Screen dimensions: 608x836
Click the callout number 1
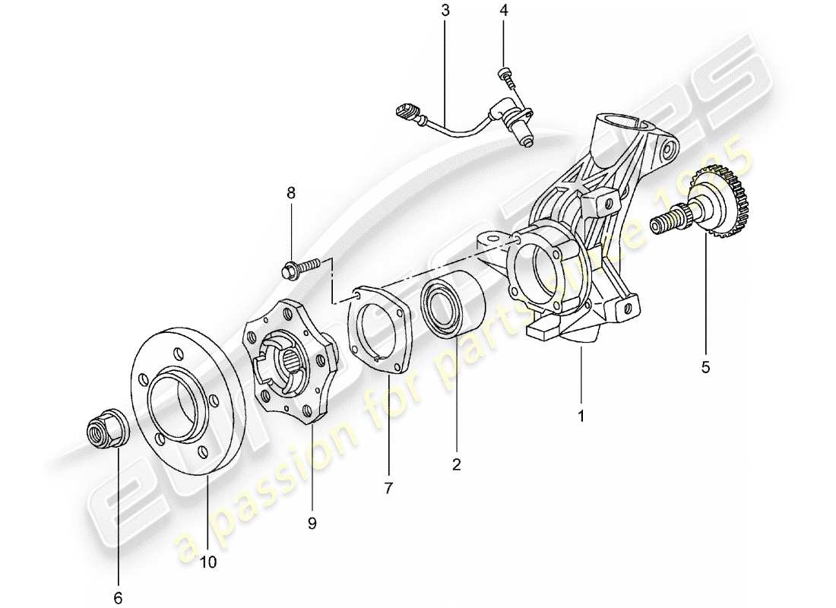(581, 416)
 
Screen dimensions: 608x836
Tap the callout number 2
(457, 464)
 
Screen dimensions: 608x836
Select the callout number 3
(445, 11)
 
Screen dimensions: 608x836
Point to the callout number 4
(503, 11)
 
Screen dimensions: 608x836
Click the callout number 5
(705, 368)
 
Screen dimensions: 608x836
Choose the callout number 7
(388, 489)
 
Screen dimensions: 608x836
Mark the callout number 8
(291, 194)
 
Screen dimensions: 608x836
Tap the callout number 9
(312, 522)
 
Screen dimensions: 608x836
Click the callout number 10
(208, 562)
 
